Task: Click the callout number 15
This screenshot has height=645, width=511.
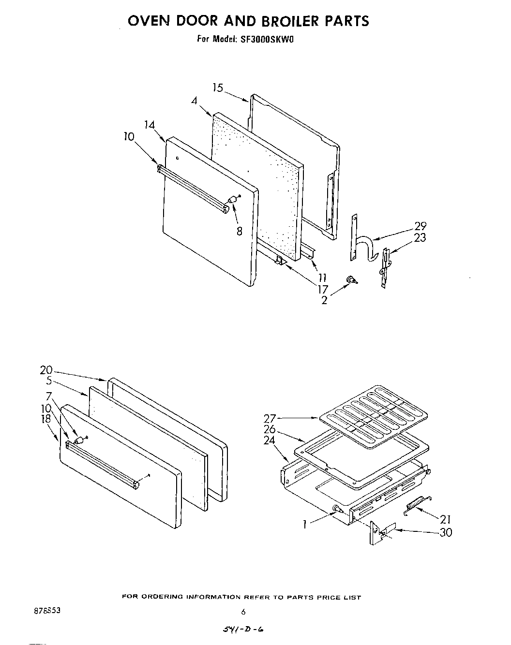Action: coord(218,88)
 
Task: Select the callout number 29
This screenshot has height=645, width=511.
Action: coord(420,226)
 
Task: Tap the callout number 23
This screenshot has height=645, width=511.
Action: coord(420,237)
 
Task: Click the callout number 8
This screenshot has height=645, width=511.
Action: coord(239,231)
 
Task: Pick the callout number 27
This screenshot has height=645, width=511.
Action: coord(270,418)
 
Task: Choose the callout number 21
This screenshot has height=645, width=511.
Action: coord(445,519)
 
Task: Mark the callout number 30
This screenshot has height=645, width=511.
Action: coord(445,532)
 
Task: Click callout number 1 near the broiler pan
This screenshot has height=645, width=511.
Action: coord(305,525)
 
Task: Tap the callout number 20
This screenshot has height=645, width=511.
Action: coord(46,370)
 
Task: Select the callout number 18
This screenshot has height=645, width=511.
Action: coord(46,419)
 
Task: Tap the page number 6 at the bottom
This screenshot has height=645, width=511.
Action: coord(243,612)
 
